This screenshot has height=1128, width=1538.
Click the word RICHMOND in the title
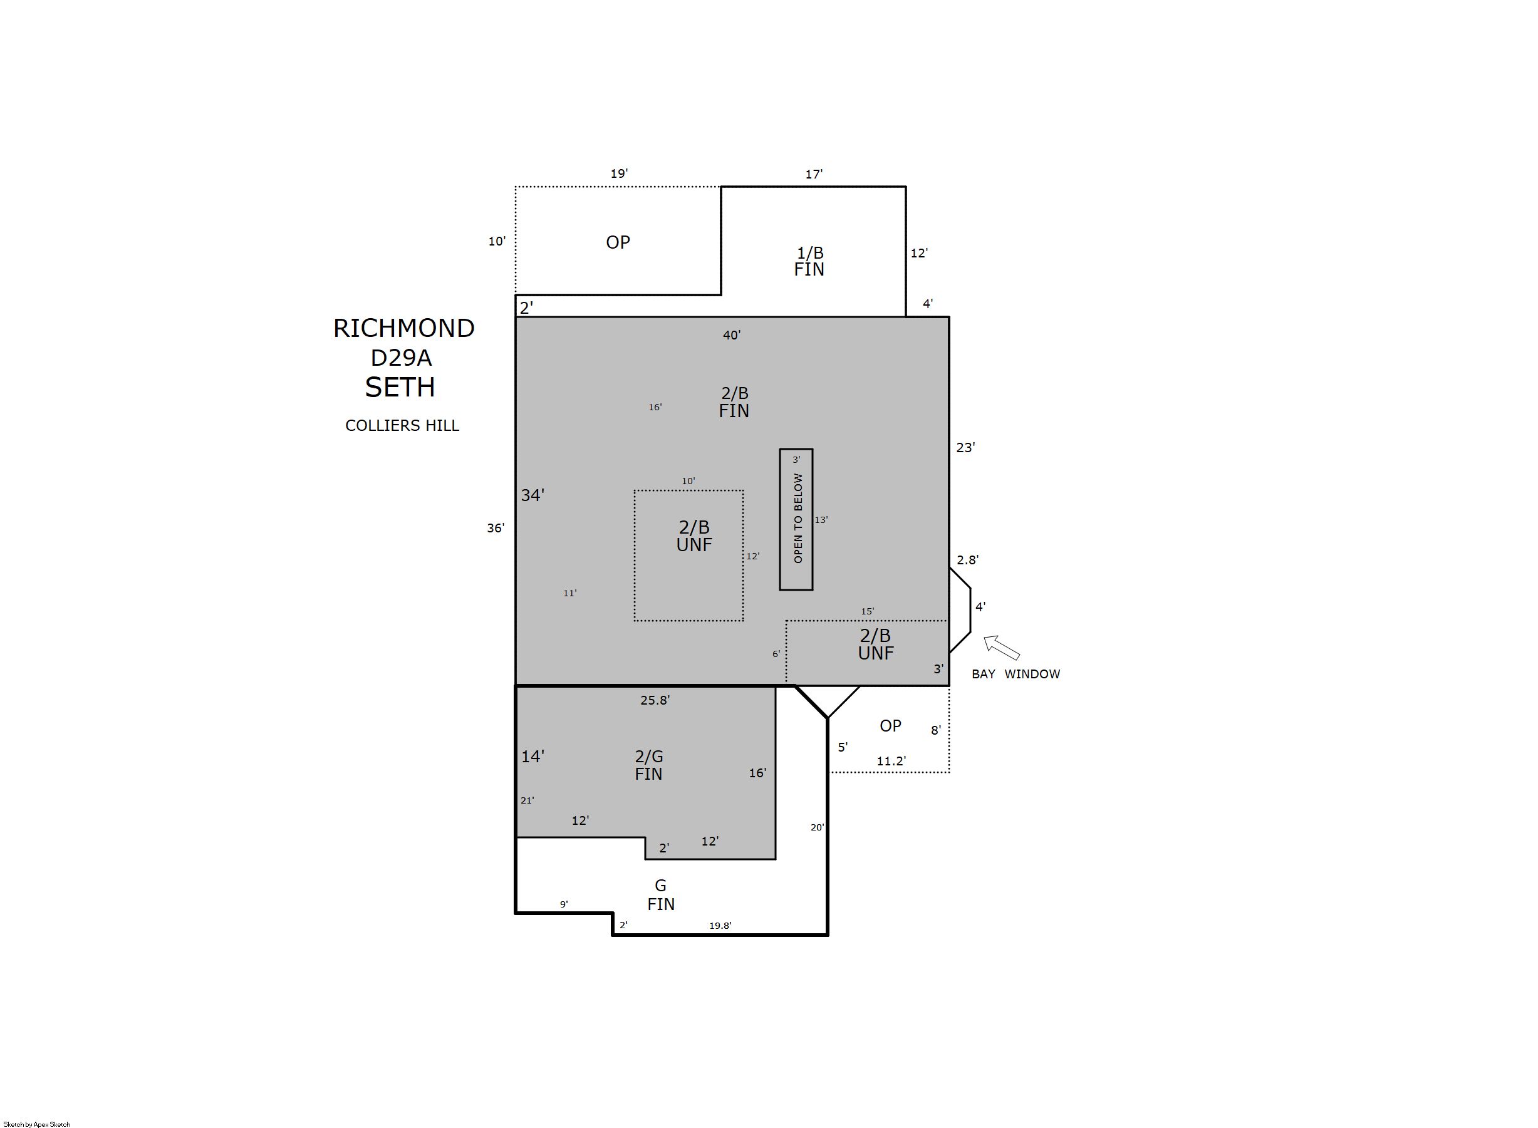tap(403, 328)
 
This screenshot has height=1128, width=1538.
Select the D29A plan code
tap(401, 358)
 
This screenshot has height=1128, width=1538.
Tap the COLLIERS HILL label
tap(402, 425)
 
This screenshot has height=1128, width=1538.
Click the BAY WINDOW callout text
tap(1016, 674)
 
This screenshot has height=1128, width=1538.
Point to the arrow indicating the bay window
tap(1001, 648)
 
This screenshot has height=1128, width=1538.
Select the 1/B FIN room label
tap(809, 261)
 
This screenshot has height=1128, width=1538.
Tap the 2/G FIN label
tap(649, 765)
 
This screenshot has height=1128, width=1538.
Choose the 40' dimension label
tap(732, 335)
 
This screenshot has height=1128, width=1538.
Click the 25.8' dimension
tap(655, 700)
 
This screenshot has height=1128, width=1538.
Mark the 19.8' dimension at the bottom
tap(720, 926)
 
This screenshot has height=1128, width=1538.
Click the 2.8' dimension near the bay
tap(968, 560)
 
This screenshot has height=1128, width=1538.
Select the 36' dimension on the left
tap(496, 528)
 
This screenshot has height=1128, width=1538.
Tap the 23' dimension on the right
tap(965, 447)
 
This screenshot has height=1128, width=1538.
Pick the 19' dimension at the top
tap(620, 173)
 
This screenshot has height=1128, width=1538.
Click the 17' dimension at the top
tap(814, 174)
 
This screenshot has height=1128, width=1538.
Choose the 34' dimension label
tap(533, 495)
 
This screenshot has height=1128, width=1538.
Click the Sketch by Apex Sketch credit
tap(37, 1124)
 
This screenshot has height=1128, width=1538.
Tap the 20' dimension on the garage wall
tap(818, 827)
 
